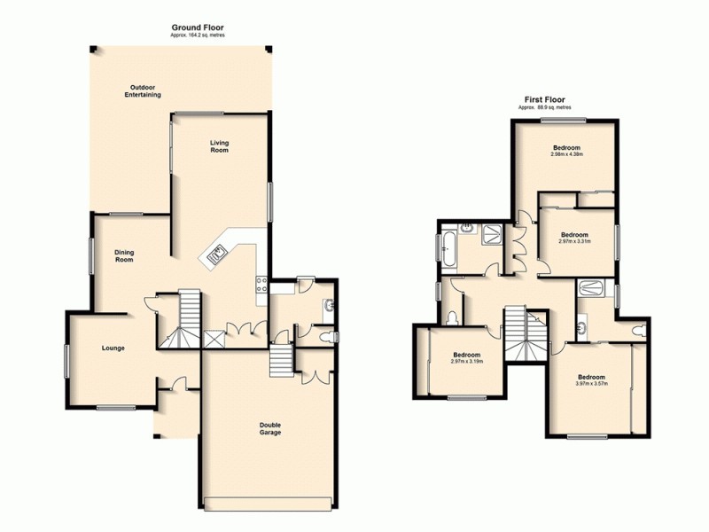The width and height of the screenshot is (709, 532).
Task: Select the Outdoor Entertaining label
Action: tap(144, 90)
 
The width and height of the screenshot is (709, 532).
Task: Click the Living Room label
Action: tap(219, 146)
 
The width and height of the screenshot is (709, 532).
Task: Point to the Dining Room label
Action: tap(124, 255)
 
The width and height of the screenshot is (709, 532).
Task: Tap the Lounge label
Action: tap(113, 348)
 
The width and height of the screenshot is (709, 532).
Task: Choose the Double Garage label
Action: tap(270, 428)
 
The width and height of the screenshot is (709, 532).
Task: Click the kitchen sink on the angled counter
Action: tap(216, 256)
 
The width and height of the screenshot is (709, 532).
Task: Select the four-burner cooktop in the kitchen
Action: tap(263, 285)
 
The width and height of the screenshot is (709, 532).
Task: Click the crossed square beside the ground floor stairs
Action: tap(213, 338)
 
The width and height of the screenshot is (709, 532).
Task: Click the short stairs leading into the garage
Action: tap(281, 360)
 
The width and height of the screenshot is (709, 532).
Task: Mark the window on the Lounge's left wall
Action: tap(66, 363)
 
